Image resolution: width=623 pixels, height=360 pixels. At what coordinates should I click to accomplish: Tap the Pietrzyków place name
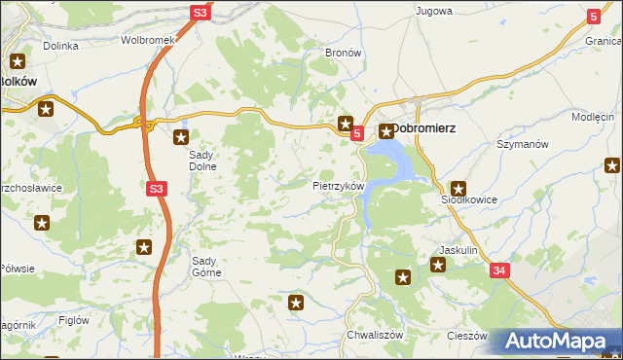click(x=338, y=185)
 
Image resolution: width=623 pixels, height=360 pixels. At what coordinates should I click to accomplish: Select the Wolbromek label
click(x=147, y=41)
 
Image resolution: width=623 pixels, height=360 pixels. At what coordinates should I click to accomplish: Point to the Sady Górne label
click(x=206, y=267)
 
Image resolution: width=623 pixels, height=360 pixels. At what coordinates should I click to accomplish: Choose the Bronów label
click(x=344, y=53)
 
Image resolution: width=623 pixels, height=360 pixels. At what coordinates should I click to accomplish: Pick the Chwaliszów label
click(x=369, y=335)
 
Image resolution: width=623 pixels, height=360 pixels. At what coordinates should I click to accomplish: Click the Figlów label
click(x=74, y=320)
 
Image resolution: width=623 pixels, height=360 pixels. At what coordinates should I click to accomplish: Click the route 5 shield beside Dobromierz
click(x=357, y=132)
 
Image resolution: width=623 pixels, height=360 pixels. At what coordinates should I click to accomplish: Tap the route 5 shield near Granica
click(x=594, y=16)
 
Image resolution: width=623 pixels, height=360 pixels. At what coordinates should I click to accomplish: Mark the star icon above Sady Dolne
click(x=180, y=135)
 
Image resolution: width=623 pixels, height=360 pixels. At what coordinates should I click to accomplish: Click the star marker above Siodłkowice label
click(x=459, y=189)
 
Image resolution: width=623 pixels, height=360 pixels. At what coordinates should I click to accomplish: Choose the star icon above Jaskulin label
click(x=439, y=264)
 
